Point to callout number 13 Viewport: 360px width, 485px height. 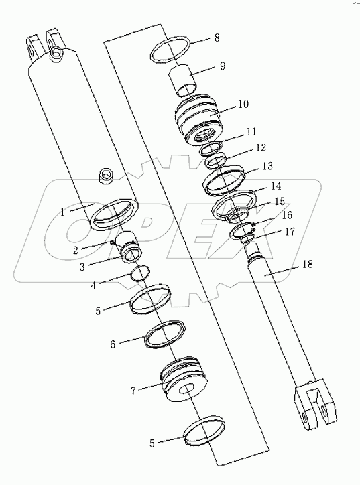point(249,165)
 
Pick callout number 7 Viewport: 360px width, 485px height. point(133,389)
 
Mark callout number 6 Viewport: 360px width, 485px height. point(113,344)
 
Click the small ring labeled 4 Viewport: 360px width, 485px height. point(140,273)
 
